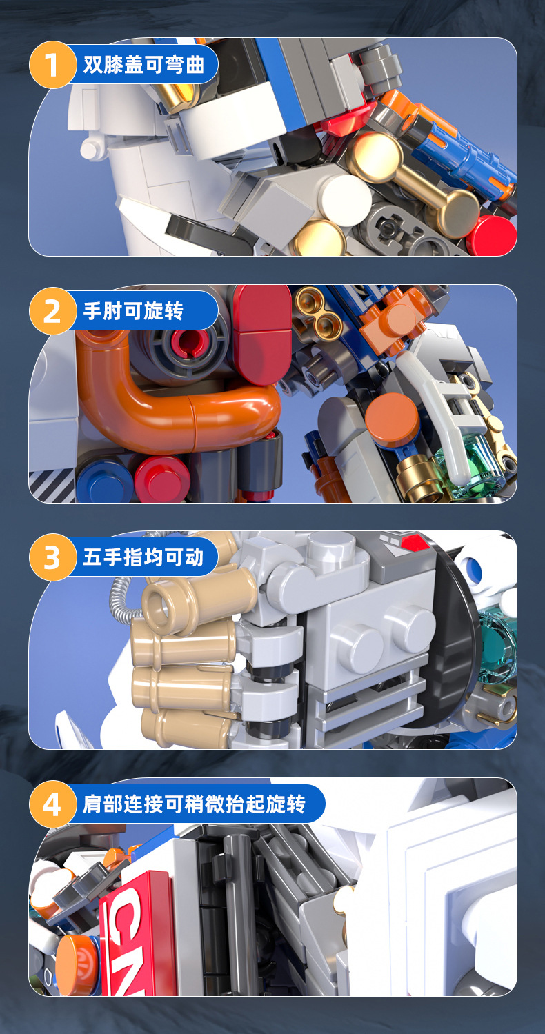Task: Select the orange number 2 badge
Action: pyautogui.click(x=52, y=312)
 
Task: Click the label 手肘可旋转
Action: pyautogui.click(x=133, y=312)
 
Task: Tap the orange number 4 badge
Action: pyautogui.click(x=52, y=804)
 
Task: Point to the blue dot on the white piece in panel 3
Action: pyautogui.click(x=474, y=570)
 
